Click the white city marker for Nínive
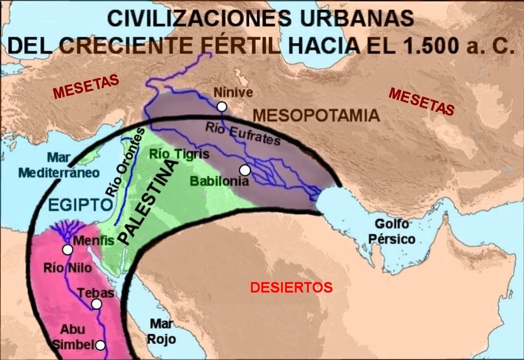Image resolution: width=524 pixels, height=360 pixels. [222, 106]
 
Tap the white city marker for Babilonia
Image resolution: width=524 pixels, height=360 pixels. [245, 170]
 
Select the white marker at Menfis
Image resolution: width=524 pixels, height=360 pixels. [68, 250]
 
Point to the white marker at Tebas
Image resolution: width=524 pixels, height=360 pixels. [96, 304]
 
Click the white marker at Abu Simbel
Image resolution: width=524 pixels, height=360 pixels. [100, 346]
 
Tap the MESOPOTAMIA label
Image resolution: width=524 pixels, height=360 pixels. [316, 115]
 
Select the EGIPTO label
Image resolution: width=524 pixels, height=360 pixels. [80, 205]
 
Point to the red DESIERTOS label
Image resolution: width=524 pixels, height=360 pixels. [291, 287]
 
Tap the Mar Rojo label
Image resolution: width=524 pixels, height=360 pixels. [162, 331]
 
